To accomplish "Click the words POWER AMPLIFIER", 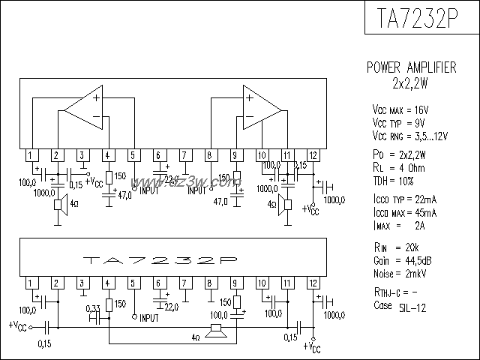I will pos(411,67).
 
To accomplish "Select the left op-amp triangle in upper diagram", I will pos(83,109).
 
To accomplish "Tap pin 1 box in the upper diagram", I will pos(30,155).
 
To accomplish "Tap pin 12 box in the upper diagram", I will pos(313,155).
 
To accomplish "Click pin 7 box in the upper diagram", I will pos(184,155).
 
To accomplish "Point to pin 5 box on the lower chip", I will pos(133,283).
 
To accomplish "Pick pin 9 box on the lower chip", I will pos(235,283).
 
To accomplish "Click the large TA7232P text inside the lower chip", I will pos(160,260).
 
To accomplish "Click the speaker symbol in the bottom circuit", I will pos(217,329).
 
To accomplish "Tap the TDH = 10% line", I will pos(396,180).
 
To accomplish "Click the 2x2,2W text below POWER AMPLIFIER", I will pos(410,82).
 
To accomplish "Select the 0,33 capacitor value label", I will pos(94,309).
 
